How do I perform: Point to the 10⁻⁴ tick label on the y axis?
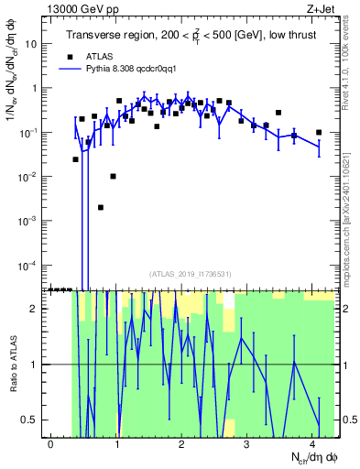32,265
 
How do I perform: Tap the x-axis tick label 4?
312,444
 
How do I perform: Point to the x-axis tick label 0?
51,444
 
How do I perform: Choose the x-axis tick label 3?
247,444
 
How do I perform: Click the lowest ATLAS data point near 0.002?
101,207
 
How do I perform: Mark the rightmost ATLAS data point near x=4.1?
318,132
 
